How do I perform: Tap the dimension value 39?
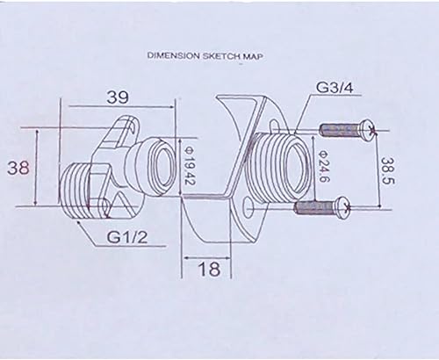click(x=118, y=97)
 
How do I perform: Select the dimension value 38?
click(x=18, y=169)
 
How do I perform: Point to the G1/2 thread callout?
click(x=126, y=237)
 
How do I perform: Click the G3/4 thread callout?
click(x=335, y=87)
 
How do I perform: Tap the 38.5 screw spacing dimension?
click(x=388, y=171)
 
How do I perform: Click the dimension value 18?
click(x=209, y=269)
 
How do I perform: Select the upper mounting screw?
click(x=348, y=128)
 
